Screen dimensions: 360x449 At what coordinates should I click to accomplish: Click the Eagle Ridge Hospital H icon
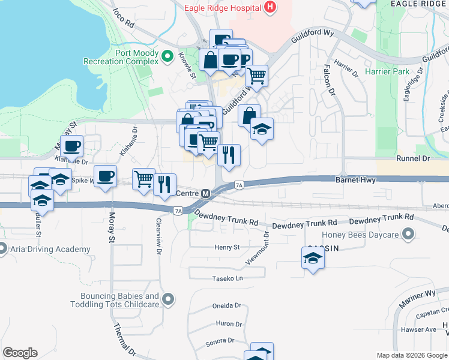(x=271, y=8)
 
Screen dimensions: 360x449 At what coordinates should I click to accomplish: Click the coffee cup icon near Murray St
(x=72, y=146)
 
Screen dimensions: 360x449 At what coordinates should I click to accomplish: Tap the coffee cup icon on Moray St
(x=106, y=176)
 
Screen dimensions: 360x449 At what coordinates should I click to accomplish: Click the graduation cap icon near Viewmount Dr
(x=313, y=259)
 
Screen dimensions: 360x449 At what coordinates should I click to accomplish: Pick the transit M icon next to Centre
(x=205, y=194)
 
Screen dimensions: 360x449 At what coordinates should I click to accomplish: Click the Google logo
(x=20, y=353)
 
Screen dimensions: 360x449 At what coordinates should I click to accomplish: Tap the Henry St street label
(x=227, y=247)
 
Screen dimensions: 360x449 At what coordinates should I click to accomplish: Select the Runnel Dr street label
(x=414, y=159)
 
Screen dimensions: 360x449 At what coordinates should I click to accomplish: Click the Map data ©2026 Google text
(x=411, y=355)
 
